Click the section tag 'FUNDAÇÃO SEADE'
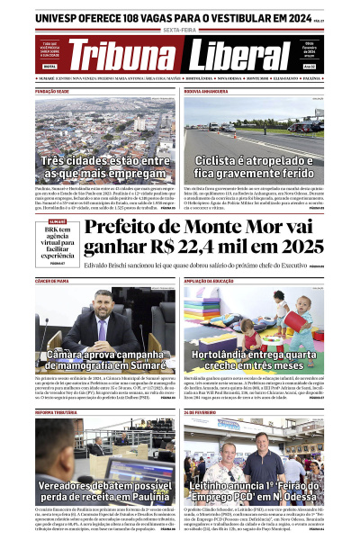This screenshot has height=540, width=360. coord(53,91)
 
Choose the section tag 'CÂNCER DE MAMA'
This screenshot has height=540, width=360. coord(52,282)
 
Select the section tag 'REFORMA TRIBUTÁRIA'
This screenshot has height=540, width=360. coord(56,411)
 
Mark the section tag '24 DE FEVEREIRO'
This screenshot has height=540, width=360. coord(200,411)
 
